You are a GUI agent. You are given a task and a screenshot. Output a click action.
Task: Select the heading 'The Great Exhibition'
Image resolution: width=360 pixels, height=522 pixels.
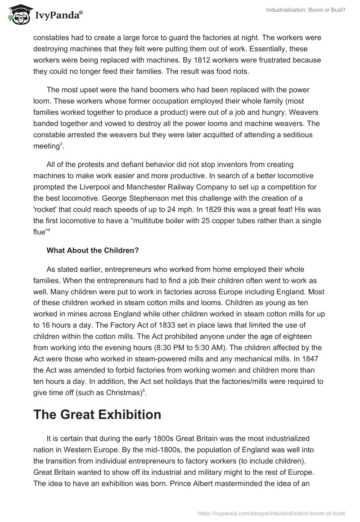[97, 414]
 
